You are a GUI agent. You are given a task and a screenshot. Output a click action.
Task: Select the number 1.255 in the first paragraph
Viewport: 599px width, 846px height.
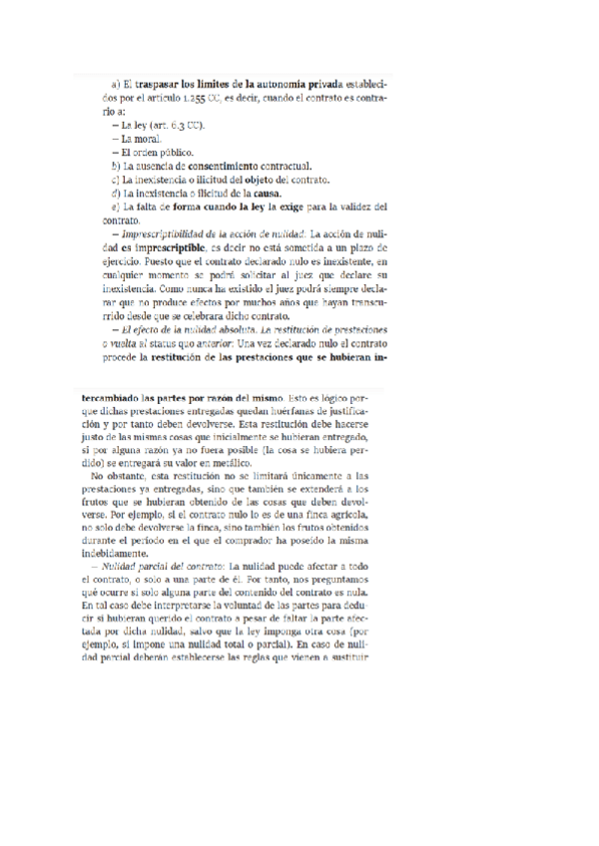tap(192, 100)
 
